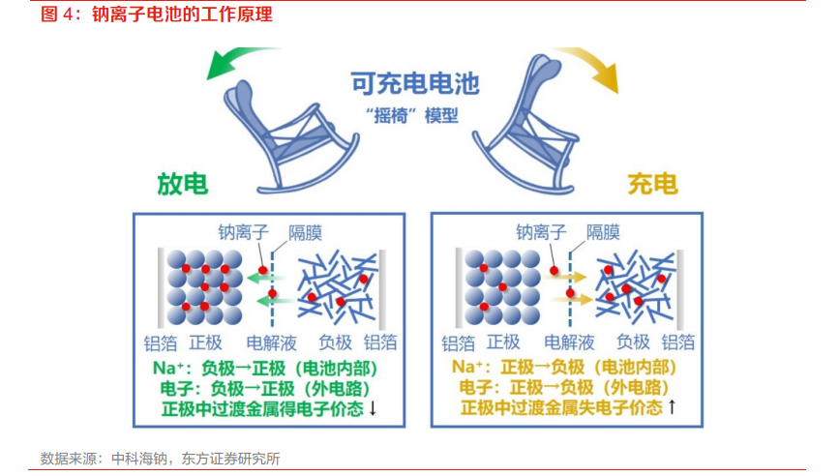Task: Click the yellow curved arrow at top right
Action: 592,66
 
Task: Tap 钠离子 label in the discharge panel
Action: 244,232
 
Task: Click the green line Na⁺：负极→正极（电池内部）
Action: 264,368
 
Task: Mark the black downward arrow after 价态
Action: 373,408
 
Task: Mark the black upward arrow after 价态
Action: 672,408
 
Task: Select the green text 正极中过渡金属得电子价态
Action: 261,408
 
